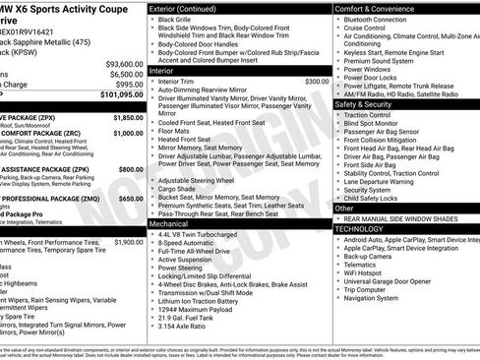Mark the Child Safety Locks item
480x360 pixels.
pyautogui.click(x=380, y=197)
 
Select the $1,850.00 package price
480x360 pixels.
pyautogui.click(x=128, y=117)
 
